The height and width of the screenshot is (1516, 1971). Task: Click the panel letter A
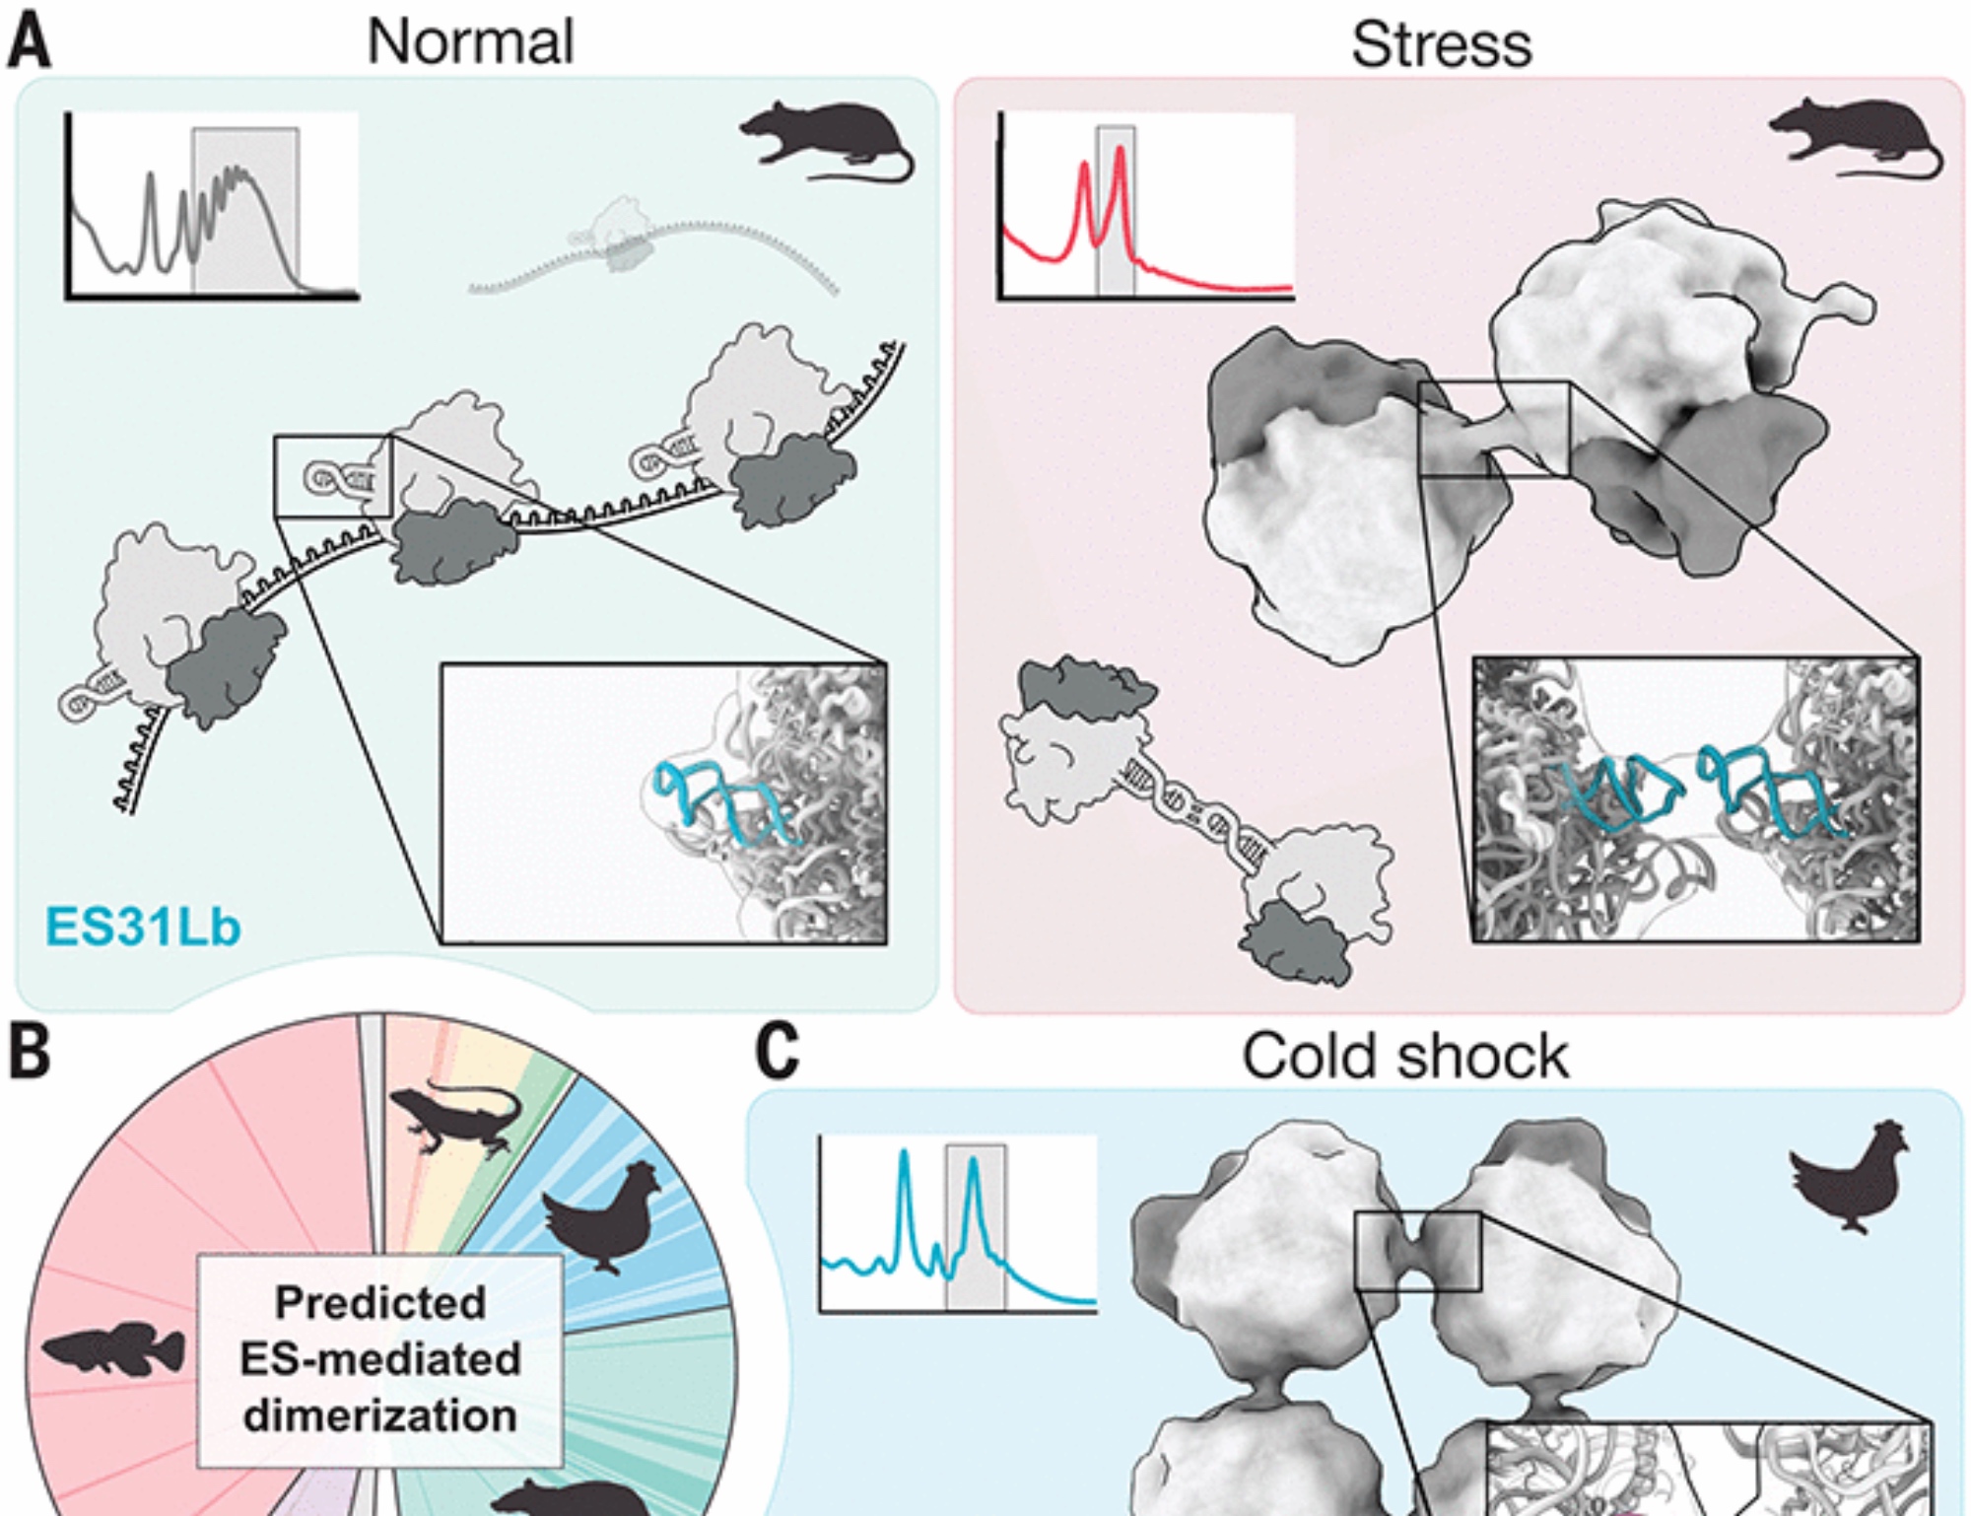tap(30, 42)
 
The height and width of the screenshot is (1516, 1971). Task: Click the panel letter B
tap(30, 1052)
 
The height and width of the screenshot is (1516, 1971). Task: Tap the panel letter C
tap(778, 1052)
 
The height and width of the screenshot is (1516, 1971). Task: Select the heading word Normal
tap(470, 42)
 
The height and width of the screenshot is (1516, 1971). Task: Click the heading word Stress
tap(1441, 45)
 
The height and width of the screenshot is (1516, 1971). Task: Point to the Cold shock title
tap(1404, 1057)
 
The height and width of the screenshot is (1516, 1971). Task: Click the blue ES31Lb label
tap(143, 927)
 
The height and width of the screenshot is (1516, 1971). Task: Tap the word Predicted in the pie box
tap(380, 1303)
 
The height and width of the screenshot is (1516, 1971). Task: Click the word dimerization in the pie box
tap(380, 1416)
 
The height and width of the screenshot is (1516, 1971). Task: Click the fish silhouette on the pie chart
tap(113, 1350)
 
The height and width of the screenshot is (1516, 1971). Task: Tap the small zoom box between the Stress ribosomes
tap(1493, 430)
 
